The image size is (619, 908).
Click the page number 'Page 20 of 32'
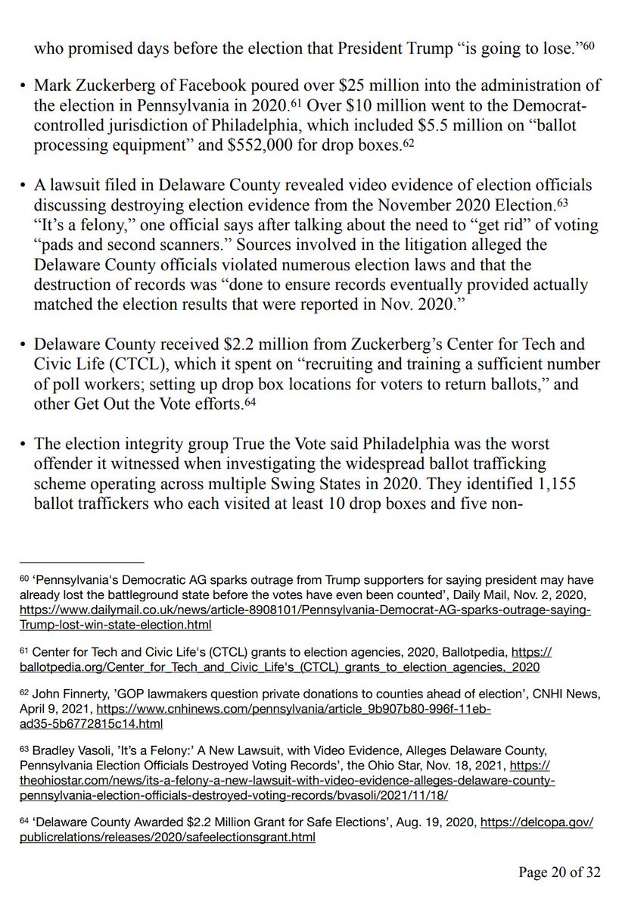coord(559,872)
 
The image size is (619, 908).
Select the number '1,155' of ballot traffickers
coord(515,481)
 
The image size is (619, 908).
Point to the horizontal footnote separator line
coord(82,563)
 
